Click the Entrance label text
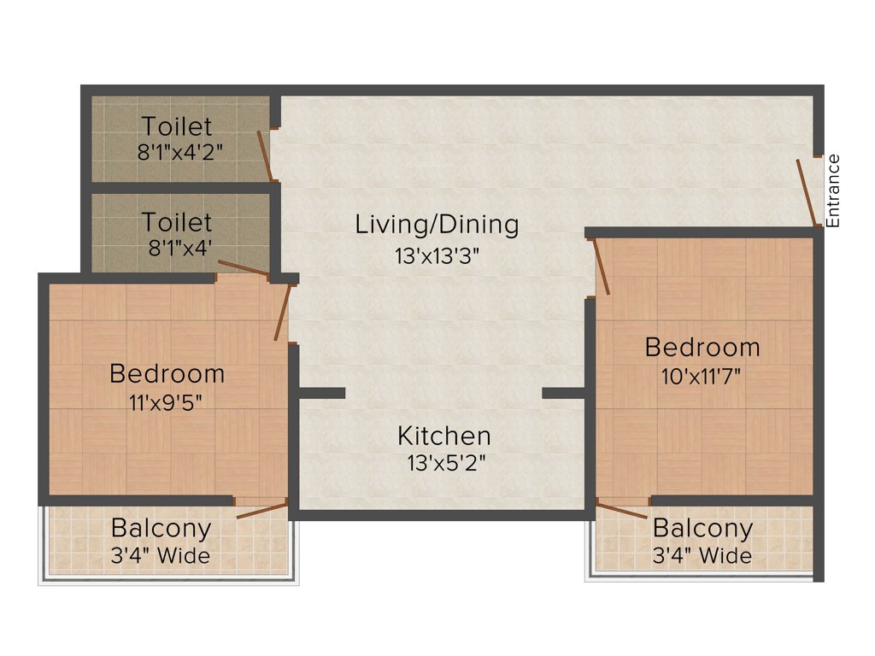tap(834, 190)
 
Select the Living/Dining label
tap(437, 225)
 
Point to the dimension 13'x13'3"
tap(437, 256)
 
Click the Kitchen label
tap(443, 436)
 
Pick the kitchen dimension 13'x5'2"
tap(443, 464)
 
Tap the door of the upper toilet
tap(265, 156)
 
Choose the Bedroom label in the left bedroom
tap(167, 373)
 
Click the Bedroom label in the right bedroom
tap(702, 347)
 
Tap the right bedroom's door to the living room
tap(601, 266)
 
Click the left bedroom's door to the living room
tap(283, 313)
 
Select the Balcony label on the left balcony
tap(161, 528)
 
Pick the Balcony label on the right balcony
tap(702, 528)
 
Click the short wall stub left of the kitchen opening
tap(321, 393)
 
